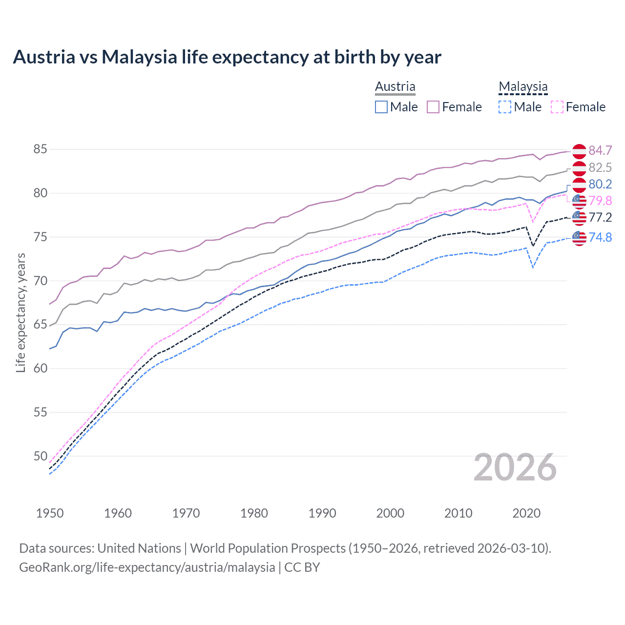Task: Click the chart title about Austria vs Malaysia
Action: click(x=227, y=57)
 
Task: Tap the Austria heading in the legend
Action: click(x=395, y=86)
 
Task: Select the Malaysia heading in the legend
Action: click(x=523, y=86)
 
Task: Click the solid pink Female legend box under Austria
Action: click(x=433, y=107)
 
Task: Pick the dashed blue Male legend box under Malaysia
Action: click(x=505, y=107)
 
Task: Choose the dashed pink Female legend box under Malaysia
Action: click(x=557, y=107)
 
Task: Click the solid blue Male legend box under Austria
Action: click(x=381, y=107)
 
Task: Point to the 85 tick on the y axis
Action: click(x=40, y=149)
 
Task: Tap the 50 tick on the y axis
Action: click(x=40, y=456)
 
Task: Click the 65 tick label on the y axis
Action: click(x=40, y=325)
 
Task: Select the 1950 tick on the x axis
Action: click(x=50, y=513)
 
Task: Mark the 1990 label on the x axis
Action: click(x=322, y=513)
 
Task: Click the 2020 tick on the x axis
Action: click(x=526, y=513)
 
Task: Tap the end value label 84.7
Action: click(x=600, y=151)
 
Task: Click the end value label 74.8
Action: click(x=600, y=238)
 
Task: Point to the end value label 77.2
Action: click(x=600, y=217)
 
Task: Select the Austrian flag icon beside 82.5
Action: click(x=579, y=168)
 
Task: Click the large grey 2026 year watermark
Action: click(x=515, y=468)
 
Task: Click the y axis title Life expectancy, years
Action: click(x=21, y=312)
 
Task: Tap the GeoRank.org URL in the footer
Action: click(x=147, y=567)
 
